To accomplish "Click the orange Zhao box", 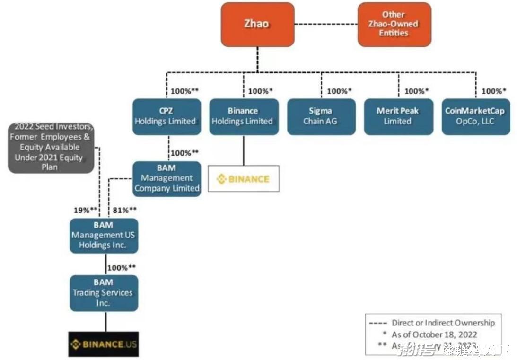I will [x=257, y=24].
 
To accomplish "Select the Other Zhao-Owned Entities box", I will [x=394, y=24].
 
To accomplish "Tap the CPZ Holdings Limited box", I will [x=165, y=116].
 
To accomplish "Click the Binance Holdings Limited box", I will [x=242, y=116].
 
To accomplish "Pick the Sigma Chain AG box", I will [x=321, y=116].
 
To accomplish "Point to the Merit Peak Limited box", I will [x=398, y=116].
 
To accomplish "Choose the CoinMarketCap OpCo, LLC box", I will [x=475, y=116].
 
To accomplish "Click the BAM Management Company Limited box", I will [x=166, y=178].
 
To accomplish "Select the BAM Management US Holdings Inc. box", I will [x=104, y=236].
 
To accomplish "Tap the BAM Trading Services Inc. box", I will [x=104, y=293].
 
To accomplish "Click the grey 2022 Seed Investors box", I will [x=51, y=147].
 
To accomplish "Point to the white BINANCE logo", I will [x=243, y=179].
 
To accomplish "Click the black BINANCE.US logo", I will [x=103, y=344].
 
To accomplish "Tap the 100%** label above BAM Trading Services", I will [x=122, y=268].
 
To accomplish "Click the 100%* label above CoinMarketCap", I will [x=493, y=91].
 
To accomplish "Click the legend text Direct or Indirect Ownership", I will [x=443, y=323].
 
